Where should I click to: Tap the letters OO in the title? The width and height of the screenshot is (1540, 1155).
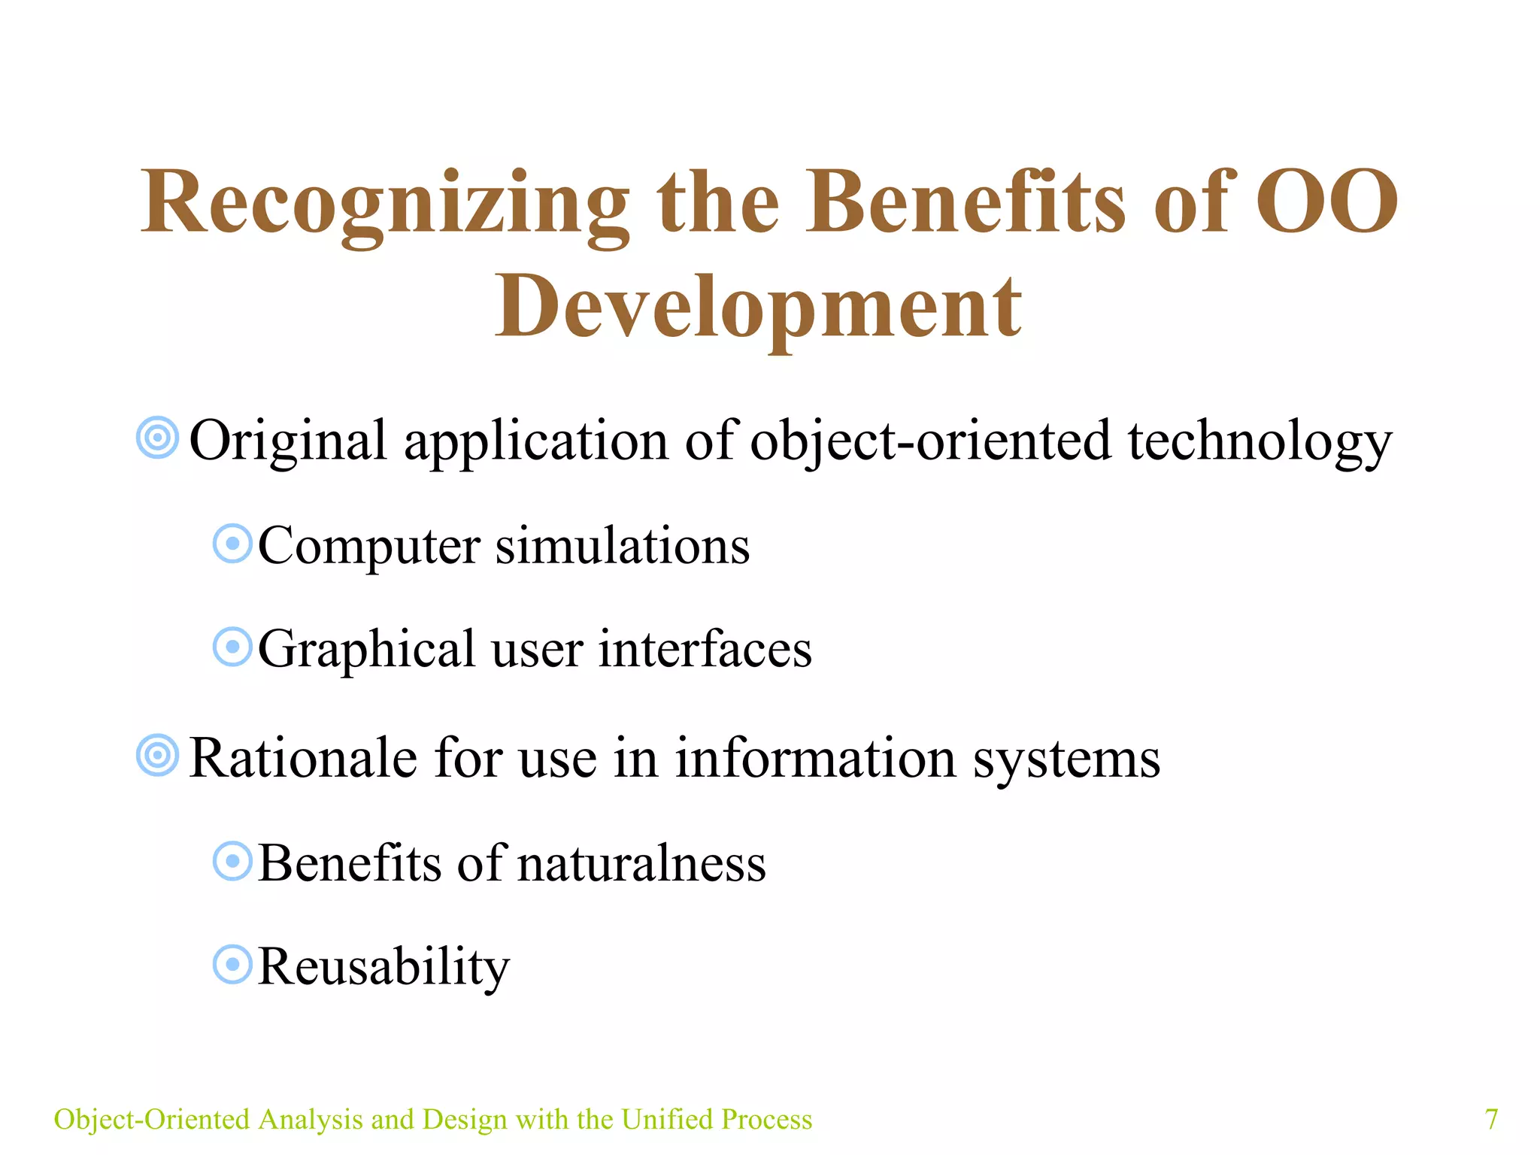tap(1326, 202)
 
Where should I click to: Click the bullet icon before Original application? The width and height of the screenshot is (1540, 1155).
tap(158, 438)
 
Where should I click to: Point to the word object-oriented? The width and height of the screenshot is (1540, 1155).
tap(930, 441)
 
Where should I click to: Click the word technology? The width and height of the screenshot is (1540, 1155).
tap(1260, 442)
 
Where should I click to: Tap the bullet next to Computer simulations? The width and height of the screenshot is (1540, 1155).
tap(232, 544)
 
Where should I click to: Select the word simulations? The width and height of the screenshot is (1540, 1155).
tap(623, 546)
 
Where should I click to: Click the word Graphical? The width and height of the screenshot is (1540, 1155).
tap(367, 650)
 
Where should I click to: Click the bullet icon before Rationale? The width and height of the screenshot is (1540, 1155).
tap(158, 755)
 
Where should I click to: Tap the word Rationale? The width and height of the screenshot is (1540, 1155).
tap(303, 758)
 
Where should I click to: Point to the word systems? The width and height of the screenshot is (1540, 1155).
tap(1066, 759)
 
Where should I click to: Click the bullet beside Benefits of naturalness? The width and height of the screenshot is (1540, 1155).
tap(232, 861)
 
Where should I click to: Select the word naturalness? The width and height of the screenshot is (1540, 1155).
tap(641, 863)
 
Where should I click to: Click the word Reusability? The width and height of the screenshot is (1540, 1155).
tap(383, 967)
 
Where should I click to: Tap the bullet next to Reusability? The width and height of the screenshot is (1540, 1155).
tap(232, 965)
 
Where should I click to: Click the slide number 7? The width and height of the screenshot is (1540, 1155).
tap(1491, 1119)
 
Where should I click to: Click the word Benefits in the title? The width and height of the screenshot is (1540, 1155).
tap(966, 203)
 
